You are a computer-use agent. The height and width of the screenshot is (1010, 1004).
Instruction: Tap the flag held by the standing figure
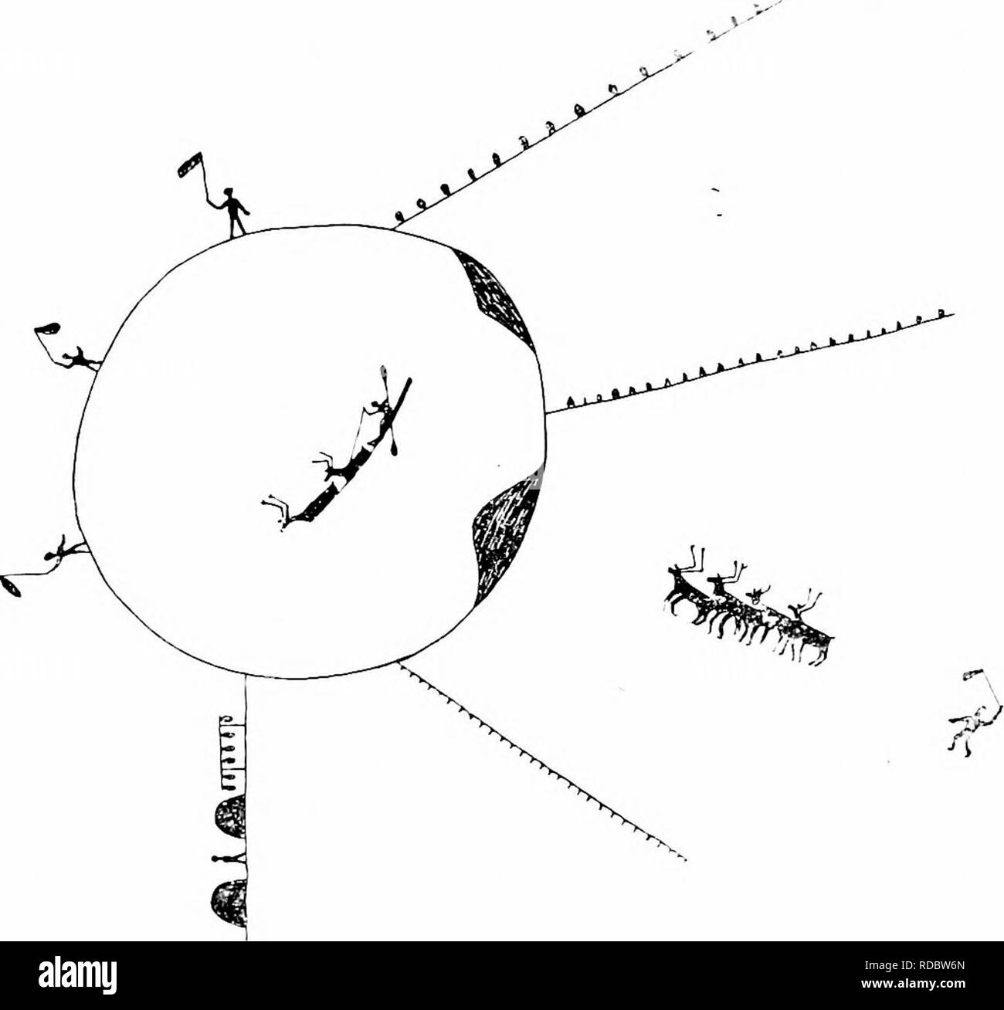point(189,164)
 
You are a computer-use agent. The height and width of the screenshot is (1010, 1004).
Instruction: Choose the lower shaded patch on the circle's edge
point(502,533)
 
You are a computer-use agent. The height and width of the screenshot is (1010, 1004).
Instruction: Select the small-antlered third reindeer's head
point(758,595)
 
